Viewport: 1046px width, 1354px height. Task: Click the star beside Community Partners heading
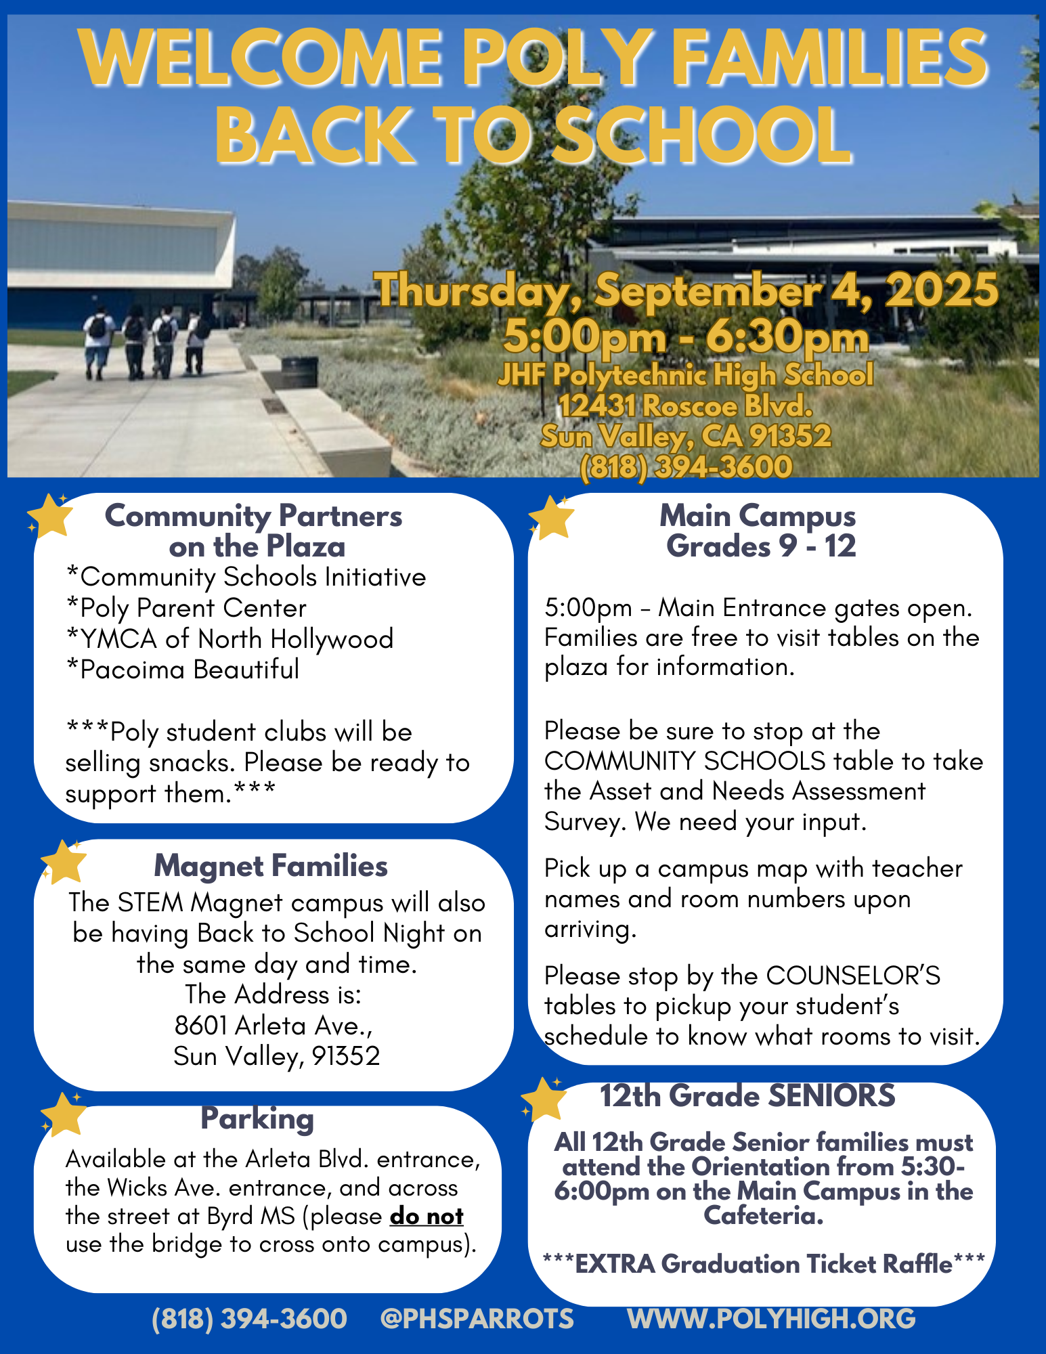point(50,517)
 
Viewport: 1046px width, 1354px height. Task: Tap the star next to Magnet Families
point(64,862)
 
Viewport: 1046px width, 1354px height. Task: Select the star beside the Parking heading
point(64,1114)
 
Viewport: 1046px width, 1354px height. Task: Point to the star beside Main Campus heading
point(552,518)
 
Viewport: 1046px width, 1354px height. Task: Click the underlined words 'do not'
point(427,1217)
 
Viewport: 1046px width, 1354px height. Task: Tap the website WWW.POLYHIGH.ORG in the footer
point(772,1319)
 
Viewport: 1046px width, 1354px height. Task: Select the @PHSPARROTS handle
point(477,1319)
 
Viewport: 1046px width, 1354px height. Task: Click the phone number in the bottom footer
point(249,1319)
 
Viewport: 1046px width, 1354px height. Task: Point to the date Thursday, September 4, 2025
point(687,290)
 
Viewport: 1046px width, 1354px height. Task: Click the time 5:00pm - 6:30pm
point(686,336)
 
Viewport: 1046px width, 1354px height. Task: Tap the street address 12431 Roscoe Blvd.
point(686,406)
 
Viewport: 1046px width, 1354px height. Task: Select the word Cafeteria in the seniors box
point(764,1216)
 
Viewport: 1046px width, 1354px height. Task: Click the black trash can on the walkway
point(299,372)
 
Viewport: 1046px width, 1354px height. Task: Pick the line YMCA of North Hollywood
point(230,638)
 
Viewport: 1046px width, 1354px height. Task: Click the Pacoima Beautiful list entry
point(183,670)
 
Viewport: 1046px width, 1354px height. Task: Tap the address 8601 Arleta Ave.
point(274,1026)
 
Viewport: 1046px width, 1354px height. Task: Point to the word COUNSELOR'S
point(853,976)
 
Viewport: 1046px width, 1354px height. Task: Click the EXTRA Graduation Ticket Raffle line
point(764,1264)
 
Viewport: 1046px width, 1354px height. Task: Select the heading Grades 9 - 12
point(761,546)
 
